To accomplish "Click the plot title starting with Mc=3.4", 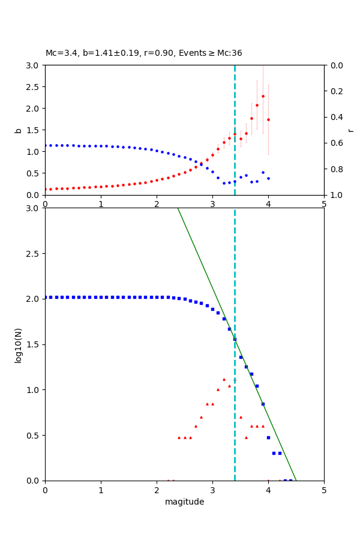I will pos(144,53).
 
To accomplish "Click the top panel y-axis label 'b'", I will pos(19,130).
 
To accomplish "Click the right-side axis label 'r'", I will pos(350,130).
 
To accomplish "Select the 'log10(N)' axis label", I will pos(19,344).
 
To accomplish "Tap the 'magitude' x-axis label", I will pos(184,502).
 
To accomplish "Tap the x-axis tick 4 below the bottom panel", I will pos(268,490).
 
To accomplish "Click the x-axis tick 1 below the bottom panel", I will pos(101,490).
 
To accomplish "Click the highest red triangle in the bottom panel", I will pos(224,379).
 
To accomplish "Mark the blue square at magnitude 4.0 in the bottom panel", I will pos(268,437).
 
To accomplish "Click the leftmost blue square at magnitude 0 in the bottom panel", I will pos(46,297).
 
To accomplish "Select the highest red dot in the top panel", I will pos(263,96).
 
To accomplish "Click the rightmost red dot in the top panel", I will pos(268,119).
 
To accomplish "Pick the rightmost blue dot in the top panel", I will pos(268,178).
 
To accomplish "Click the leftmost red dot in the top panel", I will pos(46,189).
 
